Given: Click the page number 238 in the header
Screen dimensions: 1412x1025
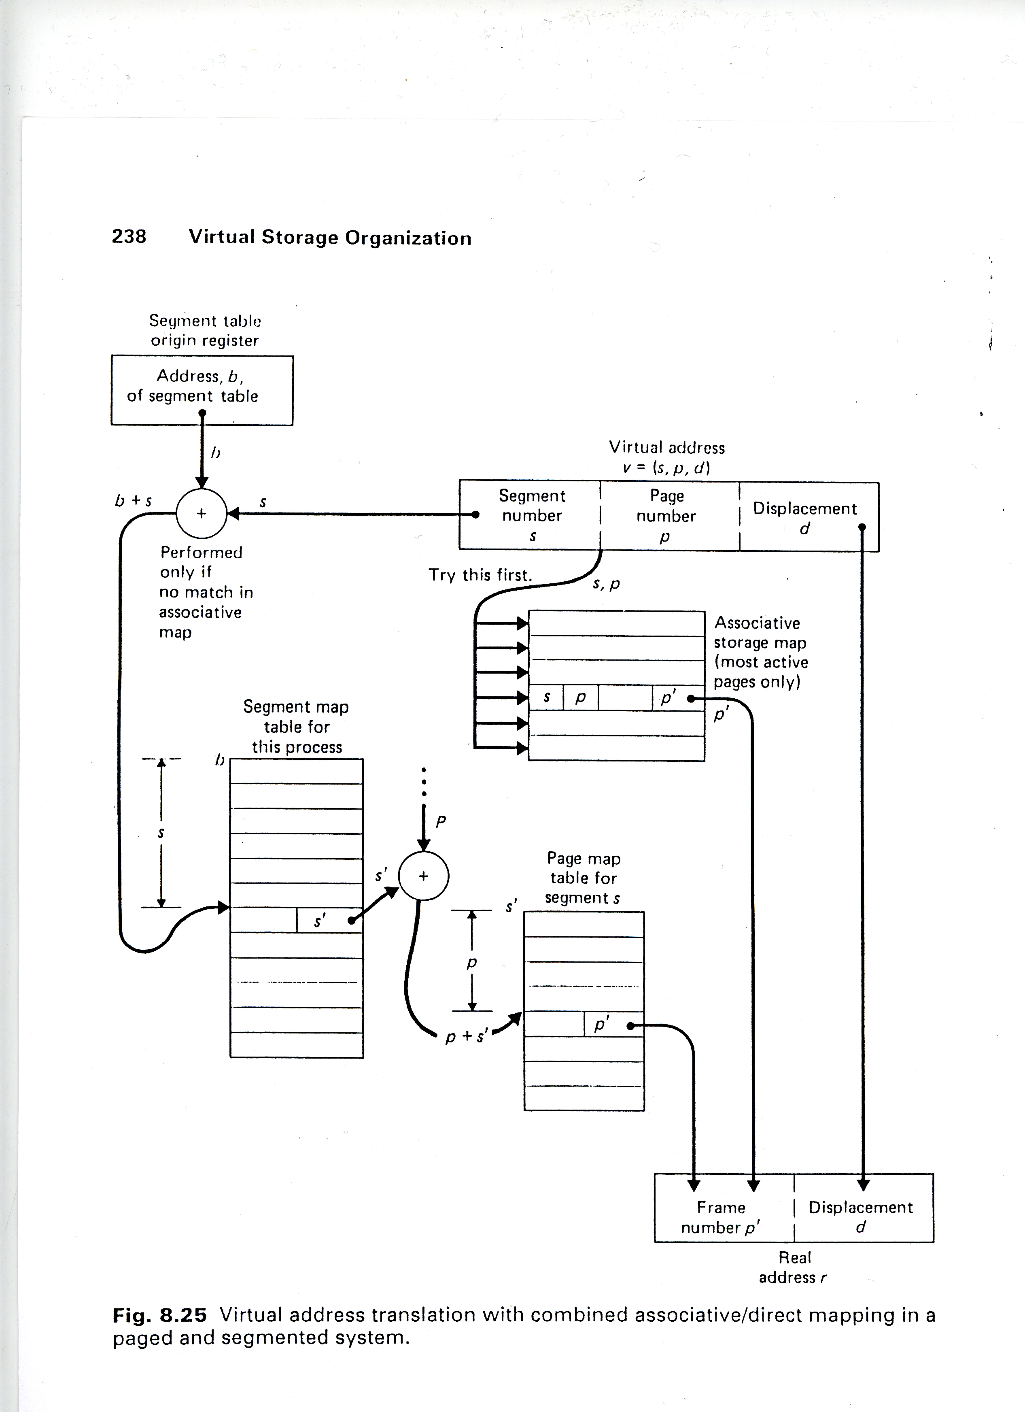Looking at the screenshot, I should coord(129,236).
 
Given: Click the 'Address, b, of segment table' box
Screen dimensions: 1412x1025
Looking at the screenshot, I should coord(202,390).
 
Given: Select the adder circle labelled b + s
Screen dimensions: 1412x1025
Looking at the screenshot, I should coord(202,514).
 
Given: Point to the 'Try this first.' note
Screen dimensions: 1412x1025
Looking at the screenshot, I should coord(480,574).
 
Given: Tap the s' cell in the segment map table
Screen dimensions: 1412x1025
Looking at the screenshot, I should coord(320,920).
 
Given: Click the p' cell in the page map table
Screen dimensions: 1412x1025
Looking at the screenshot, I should coord(602,1024).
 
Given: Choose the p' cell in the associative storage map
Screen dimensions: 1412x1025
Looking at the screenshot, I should coord(668,698).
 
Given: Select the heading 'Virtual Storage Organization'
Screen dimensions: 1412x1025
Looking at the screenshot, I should coord(330,237).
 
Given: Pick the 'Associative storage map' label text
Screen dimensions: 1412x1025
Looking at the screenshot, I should coord(760,652).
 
